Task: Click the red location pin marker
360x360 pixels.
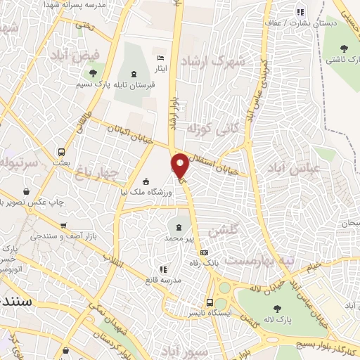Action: click(181, 166)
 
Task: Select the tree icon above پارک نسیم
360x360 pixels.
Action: click(92, 72)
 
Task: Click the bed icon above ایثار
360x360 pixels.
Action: click(161, 58)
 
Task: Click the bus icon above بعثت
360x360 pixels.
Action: click(62, 151)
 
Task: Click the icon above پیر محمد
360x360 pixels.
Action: click(178, 227)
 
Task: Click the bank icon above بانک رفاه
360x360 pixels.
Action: click(204, 252)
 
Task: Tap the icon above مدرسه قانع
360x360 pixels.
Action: click(164, 268)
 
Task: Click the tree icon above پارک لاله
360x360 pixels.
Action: click(275, 307)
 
